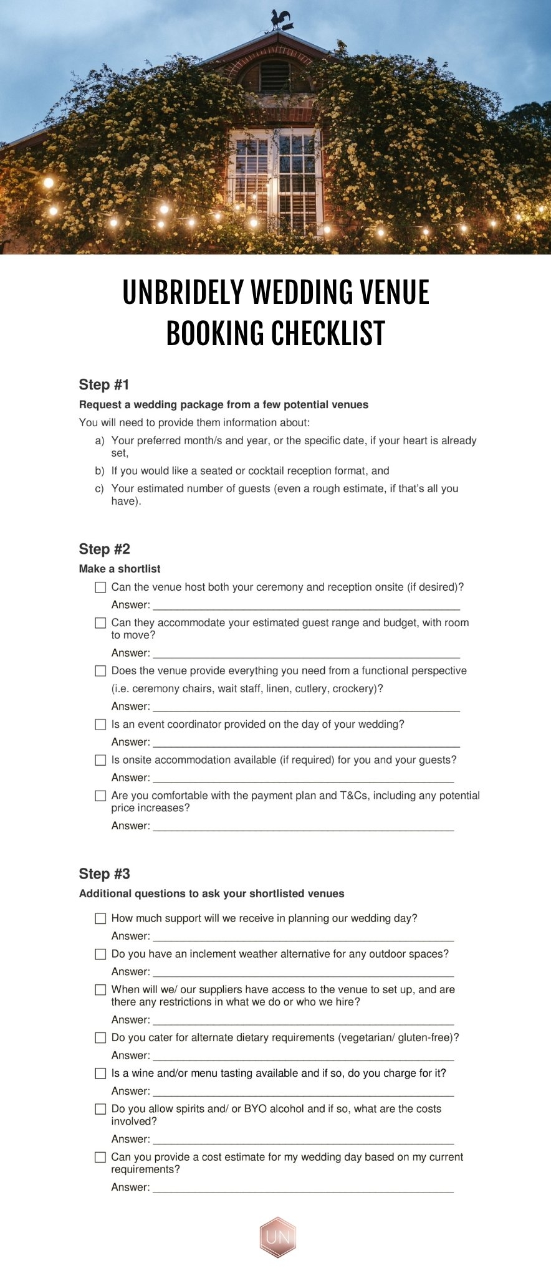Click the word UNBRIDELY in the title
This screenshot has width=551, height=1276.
tap(183, 292)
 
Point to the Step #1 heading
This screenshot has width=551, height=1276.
tap(104, 384)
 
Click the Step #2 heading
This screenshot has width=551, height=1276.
tap(104, 549)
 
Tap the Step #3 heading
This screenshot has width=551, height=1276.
tap(104, 874)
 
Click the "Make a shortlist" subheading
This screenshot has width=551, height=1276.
tap(120, 569)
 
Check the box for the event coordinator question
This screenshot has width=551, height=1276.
tap(100, 725)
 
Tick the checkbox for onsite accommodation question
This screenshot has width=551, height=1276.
tap(100, 760)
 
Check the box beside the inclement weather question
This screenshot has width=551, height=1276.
tap(100, 954)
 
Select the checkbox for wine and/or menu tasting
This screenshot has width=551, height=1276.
tap(100, 1074)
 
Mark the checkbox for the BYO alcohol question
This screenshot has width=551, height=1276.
tap(100, 1109)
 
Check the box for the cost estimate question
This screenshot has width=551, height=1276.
tap(100, 1157)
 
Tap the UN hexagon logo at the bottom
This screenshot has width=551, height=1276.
tap(277, 1237)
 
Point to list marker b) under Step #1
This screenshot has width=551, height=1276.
tap(100, 471)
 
